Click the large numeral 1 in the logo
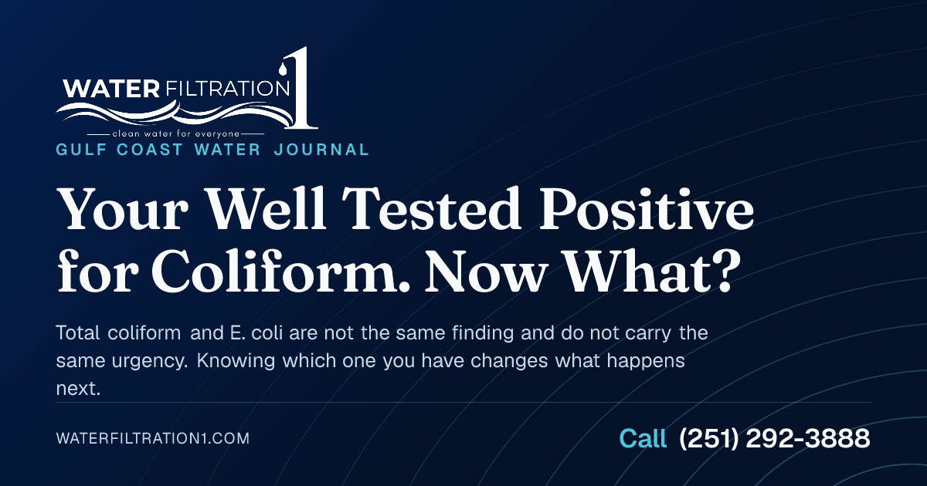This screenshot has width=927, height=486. pos(304,89)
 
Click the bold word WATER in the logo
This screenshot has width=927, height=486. pos(111,89)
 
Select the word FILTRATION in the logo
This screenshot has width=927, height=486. pos(227,88)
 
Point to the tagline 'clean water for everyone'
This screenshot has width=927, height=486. pos(176,134)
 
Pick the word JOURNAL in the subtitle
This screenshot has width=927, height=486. pos(321,150)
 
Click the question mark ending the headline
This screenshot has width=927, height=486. pos(728,272)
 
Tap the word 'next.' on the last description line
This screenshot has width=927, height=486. pos(78,389)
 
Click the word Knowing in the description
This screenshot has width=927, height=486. pos(236,361)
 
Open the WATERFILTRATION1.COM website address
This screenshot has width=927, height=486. pos(153,438)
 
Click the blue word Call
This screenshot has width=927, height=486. pos(643,438)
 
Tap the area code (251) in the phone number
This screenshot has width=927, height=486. pos(708,438)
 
